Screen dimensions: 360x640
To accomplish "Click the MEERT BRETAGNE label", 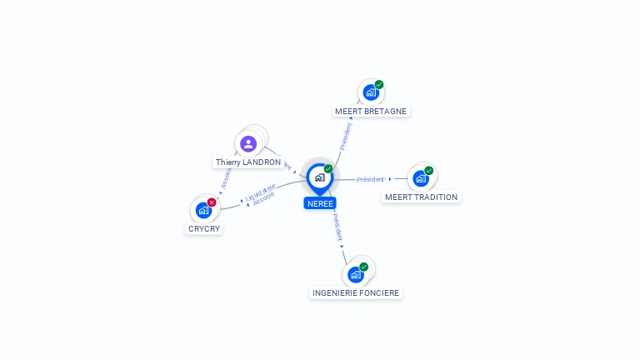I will pos(372,111).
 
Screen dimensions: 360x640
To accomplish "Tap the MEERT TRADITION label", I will pos(421,197).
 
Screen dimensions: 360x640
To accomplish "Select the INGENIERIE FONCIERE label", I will pos(356,293).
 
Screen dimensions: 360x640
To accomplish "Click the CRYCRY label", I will pos(204,228).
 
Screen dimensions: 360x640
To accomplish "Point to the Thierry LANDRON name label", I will pos(248,162).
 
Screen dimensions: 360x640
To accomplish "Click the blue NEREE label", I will pos(320,203).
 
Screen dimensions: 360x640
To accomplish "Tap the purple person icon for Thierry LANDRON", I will pos(248,143).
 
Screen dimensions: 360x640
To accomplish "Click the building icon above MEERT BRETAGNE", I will pos(371,92).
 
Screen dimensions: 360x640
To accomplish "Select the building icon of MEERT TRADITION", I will pos(421,178).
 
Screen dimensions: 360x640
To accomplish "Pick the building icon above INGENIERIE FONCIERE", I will pos(356,274).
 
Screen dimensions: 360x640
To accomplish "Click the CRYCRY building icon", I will pos(203,210).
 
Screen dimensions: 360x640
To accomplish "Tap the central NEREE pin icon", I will pos(319,177).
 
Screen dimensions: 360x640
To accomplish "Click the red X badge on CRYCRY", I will pos(212,202).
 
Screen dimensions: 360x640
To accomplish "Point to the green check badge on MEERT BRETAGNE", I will pos(379,84).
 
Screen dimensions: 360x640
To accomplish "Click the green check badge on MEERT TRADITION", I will pos(429,171).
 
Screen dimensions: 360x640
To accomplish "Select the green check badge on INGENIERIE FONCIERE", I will pos(364,267).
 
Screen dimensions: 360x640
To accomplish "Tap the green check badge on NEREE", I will pos(328,169).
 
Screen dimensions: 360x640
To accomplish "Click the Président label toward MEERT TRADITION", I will pos(370,179).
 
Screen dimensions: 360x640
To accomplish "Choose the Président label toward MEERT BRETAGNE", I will pos(345,136).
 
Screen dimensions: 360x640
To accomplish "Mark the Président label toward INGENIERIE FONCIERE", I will pos(337,227).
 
